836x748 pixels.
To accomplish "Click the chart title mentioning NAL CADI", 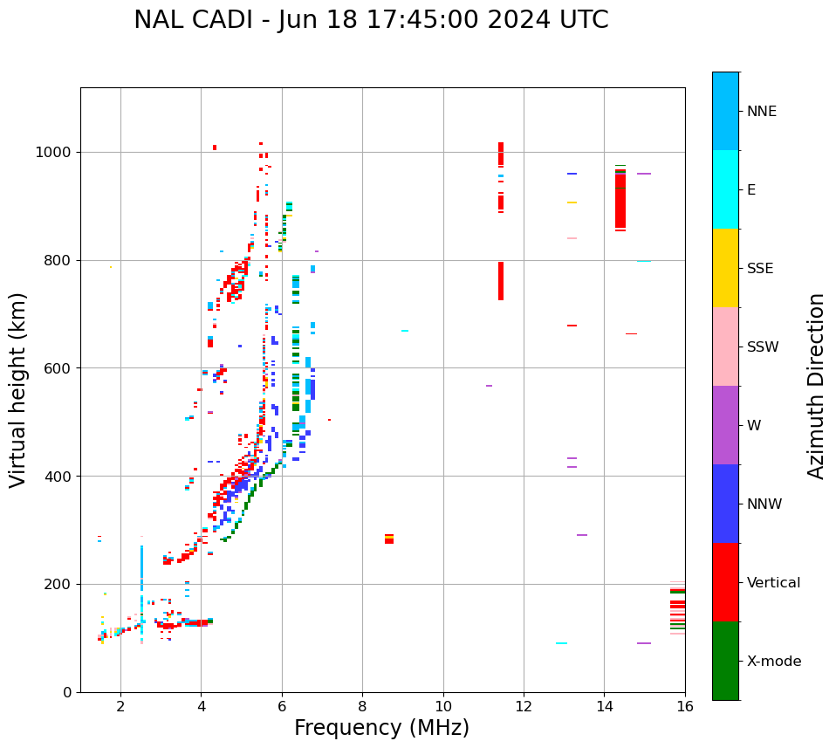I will pyautogui.click(x=371, y=20).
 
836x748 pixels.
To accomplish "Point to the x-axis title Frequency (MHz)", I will pyautogui.click(x=381, y=728).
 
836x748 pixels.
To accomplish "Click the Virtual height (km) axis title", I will pyautogui.click(x=18, y=390).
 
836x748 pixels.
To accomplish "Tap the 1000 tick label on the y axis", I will pyautogui.click(x=53, y=153).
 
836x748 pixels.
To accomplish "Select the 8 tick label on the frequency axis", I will pyautogui.click(x=362, y=706).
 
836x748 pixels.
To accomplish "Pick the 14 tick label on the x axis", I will pyautogui.click(x=604, y=706).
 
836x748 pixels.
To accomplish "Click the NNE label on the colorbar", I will pyautogui.click(x=761, y=112).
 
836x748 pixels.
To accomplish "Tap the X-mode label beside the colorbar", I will pyautogui.click(x=774, y=662).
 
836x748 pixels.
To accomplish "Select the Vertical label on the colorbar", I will pyautogui.click(x=773, y=583).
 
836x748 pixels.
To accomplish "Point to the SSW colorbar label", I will pyautogui.click(x=763, y=347).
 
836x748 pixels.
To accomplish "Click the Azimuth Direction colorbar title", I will pyautogui.click(x=816, y=386).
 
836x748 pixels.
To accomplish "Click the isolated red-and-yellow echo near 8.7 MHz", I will pyautogui.click(x=389, y=539).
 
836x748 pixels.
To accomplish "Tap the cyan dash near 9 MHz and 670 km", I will pyautogui.click(x=404, y=331).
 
